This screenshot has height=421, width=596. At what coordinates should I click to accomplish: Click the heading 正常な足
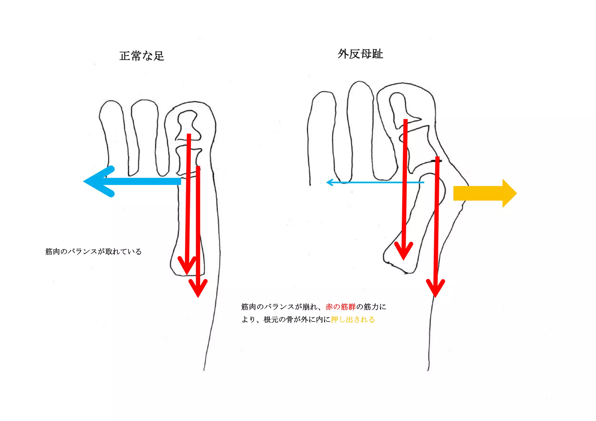point(142,56)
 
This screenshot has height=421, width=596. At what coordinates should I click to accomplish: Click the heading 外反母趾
point(360,54)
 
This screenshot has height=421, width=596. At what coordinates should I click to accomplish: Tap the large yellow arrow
point(485,193)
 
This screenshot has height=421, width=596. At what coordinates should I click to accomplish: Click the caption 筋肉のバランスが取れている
point(93,251)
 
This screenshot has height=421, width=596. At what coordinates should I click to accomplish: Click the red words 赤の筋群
point(340,307)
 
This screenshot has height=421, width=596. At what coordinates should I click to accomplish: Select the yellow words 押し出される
point(353,320)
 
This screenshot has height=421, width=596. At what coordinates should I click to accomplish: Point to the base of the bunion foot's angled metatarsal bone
point(399,259)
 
